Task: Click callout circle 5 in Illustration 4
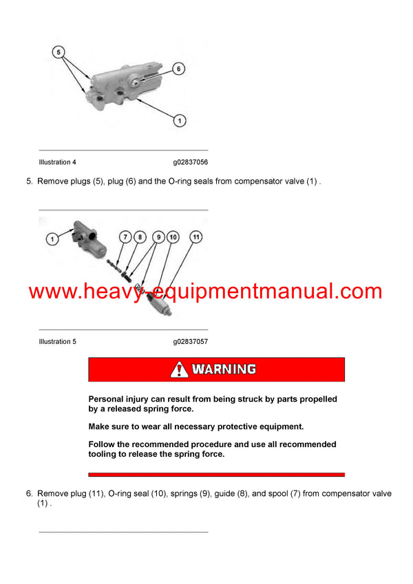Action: coord(59,52)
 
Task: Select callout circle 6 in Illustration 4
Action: coord(178,69)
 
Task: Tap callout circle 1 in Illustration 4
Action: coord(178,121)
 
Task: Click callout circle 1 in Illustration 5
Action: coord(52,239)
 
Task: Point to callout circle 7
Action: coord(125,237)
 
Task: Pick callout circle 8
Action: coord(140,237)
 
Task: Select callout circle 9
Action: coord(158,237)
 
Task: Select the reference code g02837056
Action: coord(191,162)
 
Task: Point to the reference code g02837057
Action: coord(191,341)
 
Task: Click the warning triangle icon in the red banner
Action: coord(179,369)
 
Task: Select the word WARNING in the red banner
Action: coord(224,369)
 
